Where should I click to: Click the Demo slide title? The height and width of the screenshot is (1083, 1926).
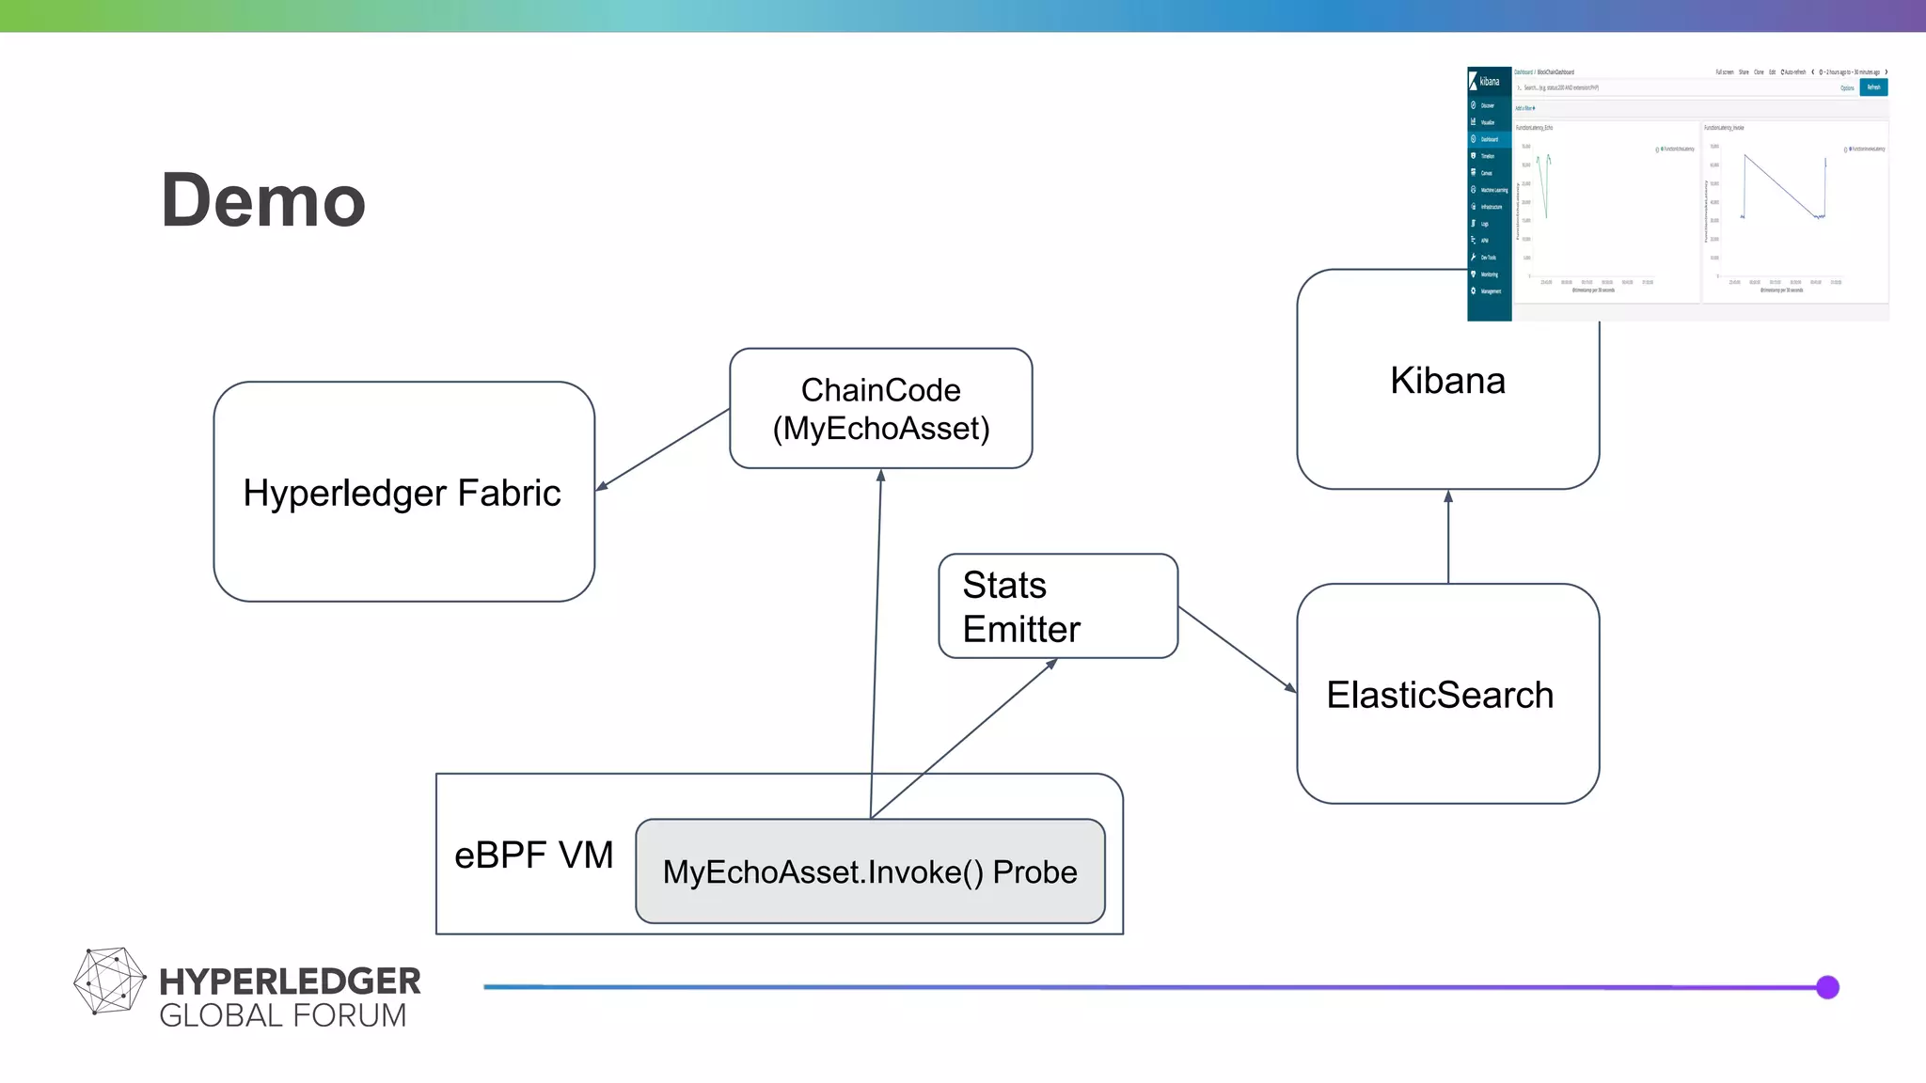pyautogui.click(x=263, y=200)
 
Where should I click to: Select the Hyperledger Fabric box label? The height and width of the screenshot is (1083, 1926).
pyautogui.click(x=402, y=493)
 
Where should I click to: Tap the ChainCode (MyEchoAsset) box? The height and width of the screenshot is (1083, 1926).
pyautogui.click(x=880, y=409)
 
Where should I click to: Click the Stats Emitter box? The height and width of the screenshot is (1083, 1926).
pyautogui.click(x=1057, y=606)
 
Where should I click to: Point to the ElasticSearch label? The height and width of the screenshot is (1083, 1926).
pyautogui.click(x=1439, y=695)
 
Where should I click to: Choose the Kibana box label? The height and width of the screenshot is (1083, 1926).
pyautogui.click(x=1447, y=381)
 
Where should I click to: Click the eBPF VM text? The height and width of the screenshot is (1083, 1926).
pyautogui.click(x=533, y=855)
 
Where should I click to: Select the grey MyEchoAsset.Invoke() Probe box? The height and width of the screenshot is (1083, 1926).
pyautogui.click(x=870, y=871)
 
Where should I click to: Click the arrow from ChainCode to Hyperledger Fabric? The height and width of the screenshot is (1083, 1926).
pyautogui.click(x=663, y=449)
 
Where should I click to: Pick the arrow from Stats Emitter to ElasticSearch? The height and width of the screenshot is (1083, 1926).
pyautogui.click(x=1237, y=650)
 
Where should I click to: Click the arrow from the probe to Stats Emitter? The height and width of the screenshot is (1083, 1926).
pyautogui.click(x=964, y=738)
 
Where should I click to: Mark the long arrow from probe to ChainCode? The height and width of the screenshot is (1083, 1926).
pyautogui.click(x=876, y=639)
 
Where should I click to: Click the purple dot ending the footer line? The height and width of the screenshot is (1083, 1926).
pyautogui.click(x=1827, y=987)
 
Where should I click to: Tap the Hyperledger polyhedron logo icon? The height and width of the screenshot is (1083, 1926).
pyautogui.click(x=109, y=981)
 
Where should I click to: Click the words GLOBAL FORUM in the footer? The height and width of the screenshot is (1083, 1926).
pyautogui.click(x=282, y=1016)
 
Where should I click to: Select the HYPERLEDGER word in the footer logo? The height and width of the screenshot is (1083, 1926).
pyautogui.click(x=290, y=981)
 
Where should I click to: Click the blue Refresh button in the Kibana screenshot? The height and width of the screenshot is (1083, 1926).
pyautogui.click(x=1873, y=87)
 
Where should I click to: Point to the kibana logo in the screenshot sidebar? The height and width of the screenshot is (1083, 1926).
pyautogui.click(x=1488, y=82)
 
